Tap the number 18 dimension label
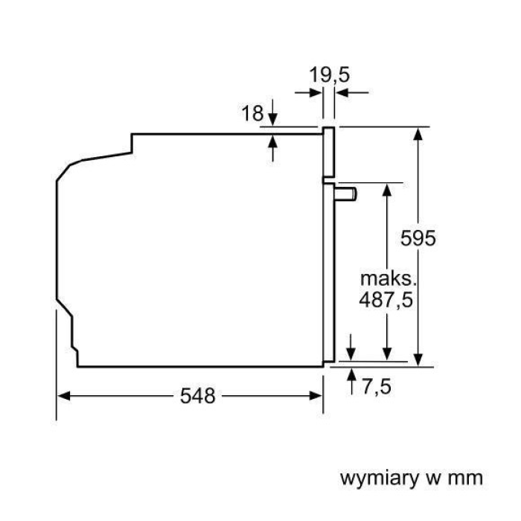253,113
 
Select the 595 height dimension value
417,238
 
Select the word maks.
387,279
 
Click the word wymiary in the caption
380,476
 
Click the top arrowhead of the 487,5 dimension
387,188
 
